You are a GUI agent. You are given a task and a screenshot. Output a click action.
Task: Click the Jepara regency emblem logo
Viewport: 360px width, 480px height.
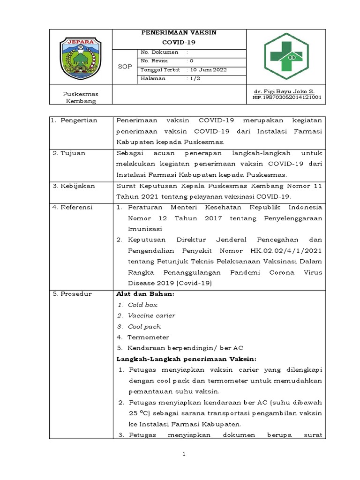[80, 58]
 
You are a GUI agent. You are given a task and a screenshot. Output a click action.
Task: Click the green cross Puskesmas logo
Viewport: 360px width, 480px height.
[286, 57]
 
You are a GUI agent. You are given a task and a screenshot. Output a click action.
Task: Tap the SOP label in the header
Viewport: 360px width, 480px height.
[125, 67]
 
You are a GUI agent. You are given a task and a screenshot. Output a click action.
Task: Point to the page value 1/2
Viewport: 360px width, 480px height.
[194, 78]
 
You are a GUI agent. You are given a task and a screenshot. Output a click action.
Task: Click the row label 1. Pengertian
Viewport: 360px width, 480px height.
[75, 120]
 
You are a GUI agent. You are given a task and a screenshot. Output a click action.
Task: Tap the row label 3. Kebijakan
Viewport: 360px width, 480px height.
[74, 186]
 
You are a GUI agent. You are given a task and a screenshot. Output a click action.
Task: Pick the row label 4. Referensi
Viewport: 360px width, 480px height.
[73, 207]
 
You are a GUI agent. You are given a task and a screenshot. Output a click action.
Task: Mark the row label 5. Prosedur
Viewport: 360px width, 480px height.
[72, 294]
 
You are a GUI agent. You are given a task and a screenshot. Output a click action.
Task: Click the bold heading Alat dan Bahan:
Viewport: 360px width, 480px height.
[144, 294]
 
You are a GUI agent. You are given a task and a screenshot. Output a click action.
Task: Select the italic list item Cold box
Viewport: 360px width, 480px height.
[142, 305]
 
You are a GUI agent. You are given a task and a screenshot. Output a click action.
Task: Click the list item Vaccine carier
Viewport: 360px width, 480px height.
[151, 315]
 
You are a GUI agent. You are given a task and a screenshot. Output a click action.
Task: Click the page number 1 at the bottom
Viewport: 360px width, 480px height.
[184, 454]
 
